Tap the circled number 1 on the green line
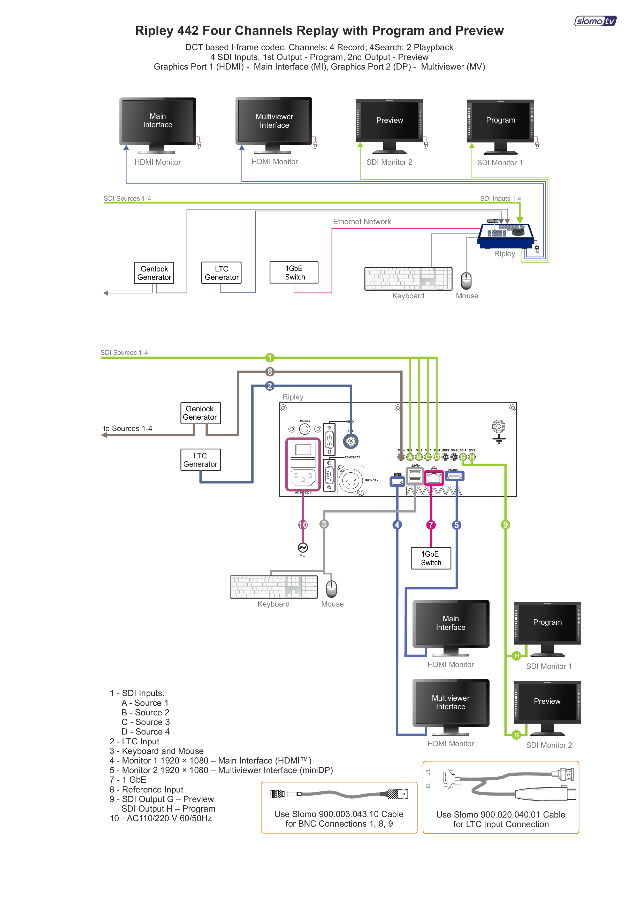coord(270,358)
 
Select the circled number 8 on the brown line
coord(270,372)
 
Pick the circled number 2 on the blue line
coord(270,386)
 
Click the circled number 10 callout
coord(303,525)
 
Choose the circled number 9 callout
coord(505,525)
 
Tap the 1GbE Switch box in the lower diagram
coord(431,558)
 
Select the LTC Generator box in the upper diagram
coord(222,273)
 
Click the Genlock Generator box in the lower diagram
coord(200,413)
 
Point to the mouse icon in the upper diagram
coord(467,281)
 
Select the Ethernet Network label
coord(362,222)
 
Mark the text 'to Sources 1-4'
coord(128,429)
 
